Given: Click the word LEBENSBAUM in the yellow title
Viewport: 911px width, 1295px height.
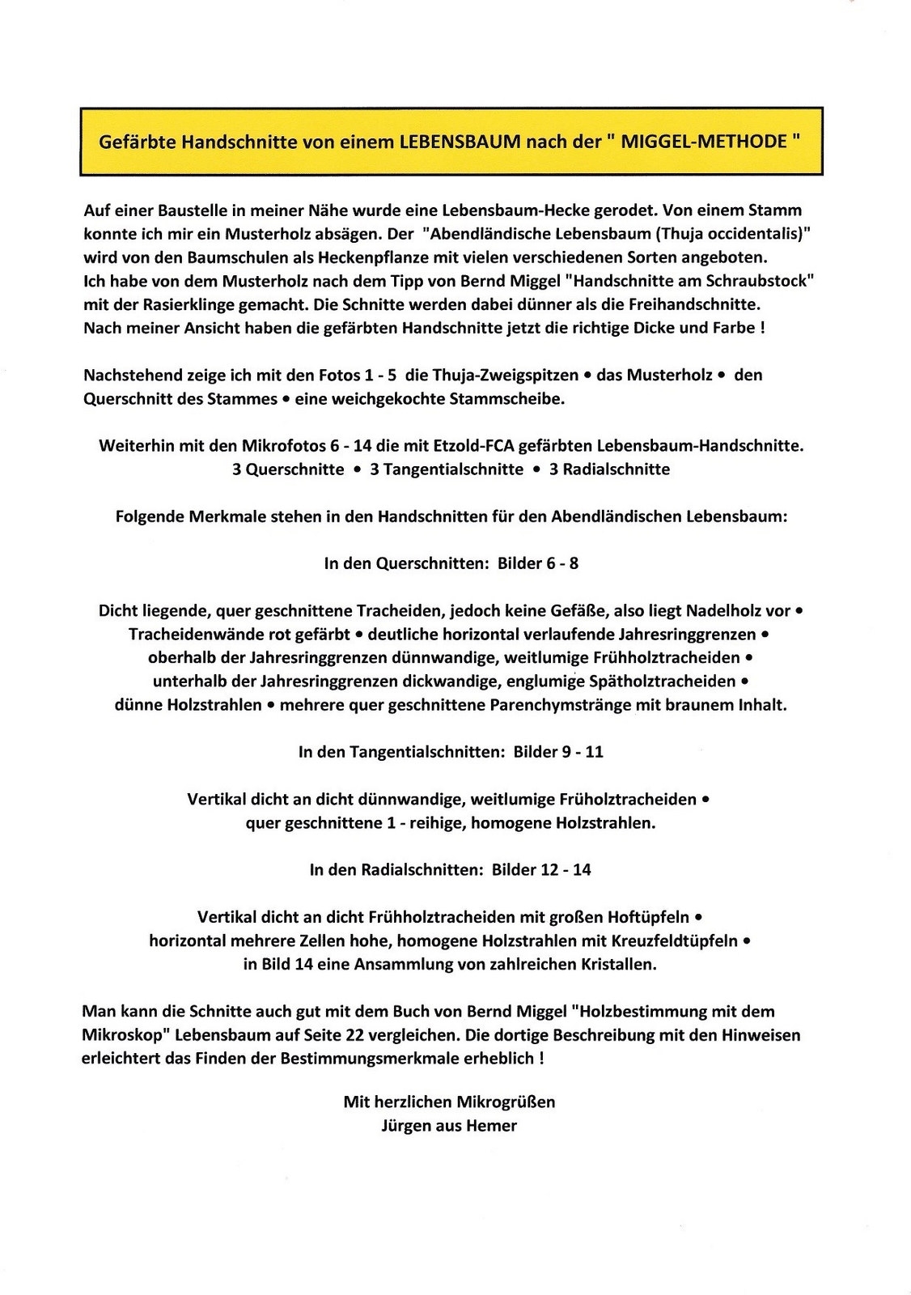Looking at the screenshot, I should tap(460, 142).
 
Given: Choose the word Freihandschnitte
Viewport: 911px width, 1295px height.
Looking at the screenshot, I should tap(695, 305).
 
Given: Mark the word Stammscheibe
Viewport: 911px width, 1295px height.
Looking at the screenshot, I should tap(515, 399).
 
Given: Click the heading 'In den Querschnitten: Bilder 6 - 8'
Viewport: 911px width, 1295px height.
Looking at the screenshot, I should tap(451, 563).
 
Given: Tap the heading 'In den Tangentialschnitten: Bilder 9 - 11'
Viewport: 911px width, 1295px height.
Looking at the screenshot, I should tap(451, 752).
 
